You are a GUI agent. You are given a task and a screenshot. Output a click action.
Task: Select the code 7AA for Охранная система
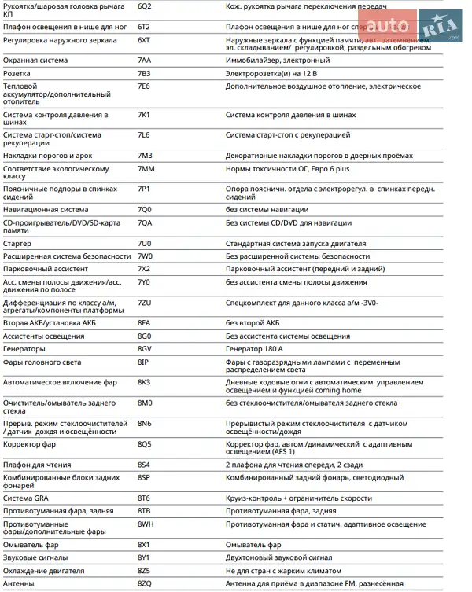pyautogui.click(x=144, y=60)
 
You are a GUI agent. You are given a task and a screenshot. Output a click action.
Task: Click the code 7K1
pyautogui.click(x=144, y=115)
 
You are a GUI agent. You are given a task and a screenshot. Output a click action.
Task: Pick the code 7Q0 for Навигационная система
pyautogui.click(x=144, y=210)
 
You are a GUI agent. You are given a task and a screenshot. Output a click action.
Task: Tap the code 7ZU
pyautogui.click(x=144, y=303)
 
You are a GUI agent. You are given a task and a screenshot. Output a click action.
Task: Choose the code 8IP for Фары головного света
pyautogui.click(x=143, y=362)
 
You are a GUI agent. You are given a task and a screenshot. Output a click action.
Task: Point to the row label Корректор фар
pyautogui.click(x=29, y=444)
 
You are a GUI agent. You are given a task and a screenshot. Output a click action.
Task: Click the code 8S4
pyautogui.click(x=144, y=465)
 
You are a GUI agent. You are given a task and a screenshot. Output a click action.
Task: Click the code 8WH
pyautogui.click(x=146, y=524)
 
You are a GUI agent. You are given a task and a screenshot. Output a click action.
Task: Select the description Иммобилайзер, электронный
pyautogui.click(x=278, y=60)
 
